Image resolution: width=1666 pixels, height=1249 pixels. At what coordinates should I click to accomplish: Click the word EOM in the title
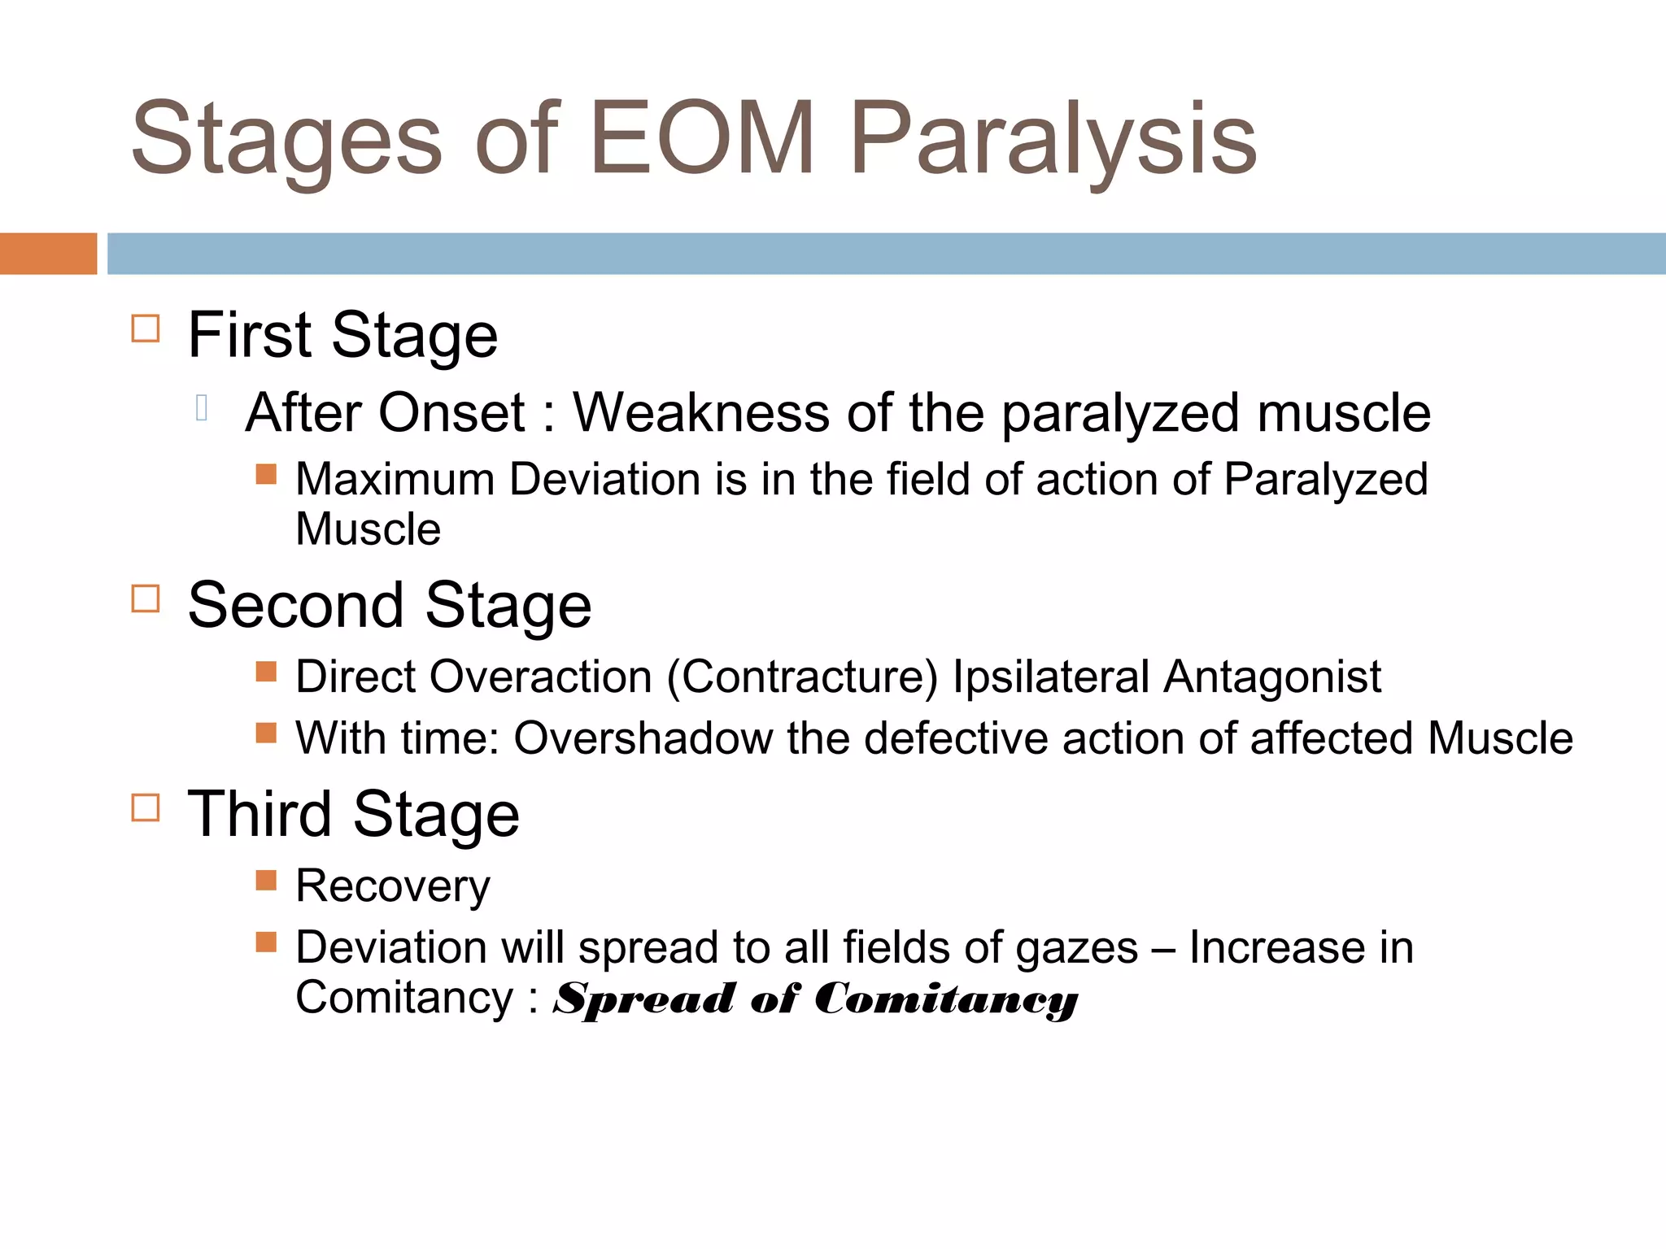point(701,138)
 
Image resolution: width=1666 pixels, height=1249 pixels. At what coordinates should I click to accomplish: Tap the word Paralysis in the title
point(1053,138)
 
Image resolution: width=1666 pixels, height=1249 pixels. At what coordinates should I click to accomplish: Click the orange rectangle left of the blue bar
point(48,253)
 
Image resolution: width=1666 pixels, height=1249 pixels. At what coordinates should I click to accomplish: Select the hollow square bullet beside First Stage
point(146,329)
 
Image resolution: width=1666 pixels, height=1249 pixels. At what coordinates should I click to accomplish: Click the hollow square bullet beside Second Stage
point(146,598)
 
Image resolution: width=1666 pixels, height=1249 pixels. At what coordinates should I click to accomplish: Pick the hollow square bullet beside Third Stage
point(146,807)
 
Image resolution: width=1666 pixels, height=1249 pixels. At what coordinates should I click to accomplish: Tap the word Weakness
point(701,413)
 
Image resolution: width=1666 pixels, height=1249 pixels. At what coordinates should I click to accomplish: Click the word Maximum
point(395,479)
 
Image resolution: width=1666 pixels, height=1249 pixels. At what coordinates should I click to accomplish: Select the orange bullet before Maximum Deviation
point(266,474)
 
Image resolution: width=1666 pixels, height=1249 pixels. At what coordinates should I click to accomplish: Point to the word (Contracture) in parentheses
point(802,677)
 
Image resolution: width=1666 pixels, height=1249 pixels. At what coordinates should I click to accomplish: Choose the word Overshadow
point(643,738)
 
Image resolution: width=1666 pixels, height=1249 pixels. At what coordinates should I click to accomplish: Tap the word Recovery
point(393,886)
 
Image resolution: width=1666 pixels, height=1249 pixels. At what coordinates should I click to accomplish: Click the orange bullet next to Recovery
point(266,881)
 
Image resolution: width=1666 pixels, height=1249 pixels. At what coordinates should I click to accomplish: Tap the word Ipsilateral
point(1050,677)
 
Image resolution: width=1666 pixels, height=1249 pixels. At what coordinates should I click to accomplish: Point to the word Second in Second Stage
point(295,605)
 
